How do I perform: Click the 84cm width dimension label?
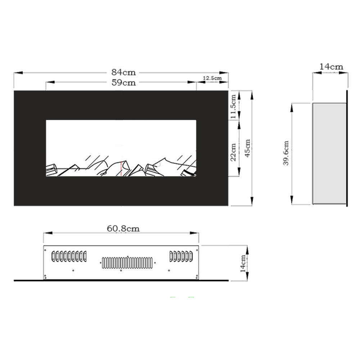123,72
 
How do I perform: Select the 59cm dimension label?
123,82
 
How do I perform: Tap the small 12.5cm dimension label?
212,78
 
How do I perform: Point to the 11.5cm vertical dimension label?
233,107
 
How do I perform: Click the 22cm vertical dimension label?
233,152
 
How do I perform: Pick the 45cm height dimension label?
248,148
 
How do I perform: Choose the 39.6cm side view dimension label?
286,153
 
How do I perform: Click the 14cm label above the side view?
331,67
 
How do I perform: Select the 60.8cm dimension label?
123,229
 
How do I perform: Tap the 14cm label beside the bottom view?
243,264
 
